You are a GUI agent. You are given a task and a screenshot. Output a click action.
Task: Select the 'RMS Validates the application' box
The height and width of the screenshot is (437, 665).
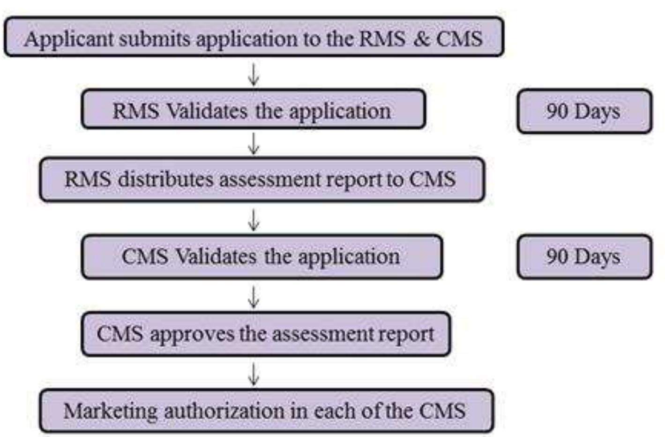(x=253, y=111)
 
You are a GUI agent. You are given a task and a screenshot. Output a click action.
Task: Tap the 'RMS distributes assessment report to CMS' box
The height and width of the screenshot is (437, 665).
(x=262, y=180)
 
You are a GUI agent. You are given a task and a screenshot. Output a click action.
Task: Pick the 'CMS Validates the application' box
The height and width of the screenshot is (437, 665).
(x=261, y=257)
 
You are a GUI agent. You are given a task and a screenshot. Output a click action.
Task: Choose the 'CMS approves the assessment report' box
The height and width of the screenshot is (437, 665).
(x=265, y=334)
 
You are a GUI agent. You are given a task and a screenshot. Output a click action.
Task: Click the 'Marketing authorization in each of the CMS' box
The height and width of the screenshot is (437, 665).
(x=266, y=411)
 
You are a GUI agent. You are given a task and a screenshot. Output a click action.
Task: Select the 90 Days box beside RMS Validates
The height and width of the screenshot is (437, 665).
(x=584, y=112)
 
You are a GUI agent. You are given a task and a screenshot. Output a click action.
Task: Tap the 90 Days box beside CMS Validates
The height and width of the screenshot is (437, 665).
(x=584, y=257)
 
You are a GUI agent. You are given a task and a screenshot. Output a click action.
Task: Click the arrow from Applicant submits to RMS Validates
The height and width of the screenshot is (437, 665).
(x=254, y=75)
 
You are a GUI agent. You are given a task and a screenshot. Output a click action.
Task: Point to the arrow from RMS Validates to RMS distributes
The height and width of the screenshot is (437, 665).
(x=254, y=143)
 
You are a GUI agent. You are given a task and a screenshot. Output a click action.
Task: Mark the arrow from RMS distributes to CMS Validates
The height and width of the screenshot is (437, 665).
(x=254, y=220)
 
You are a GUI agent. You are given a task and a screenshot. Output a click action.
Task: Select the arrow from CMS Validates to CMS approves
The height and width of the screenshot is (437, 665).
(x=254, y=297)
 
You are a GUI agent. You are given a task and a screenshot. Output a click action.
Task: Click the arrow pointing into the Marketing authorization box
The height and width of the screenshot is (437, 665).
(x=254, y=374)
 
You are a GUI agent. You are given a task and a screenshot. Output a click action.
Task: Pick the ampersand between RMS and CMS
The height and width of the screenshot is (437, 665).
(x=421, y=38)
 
